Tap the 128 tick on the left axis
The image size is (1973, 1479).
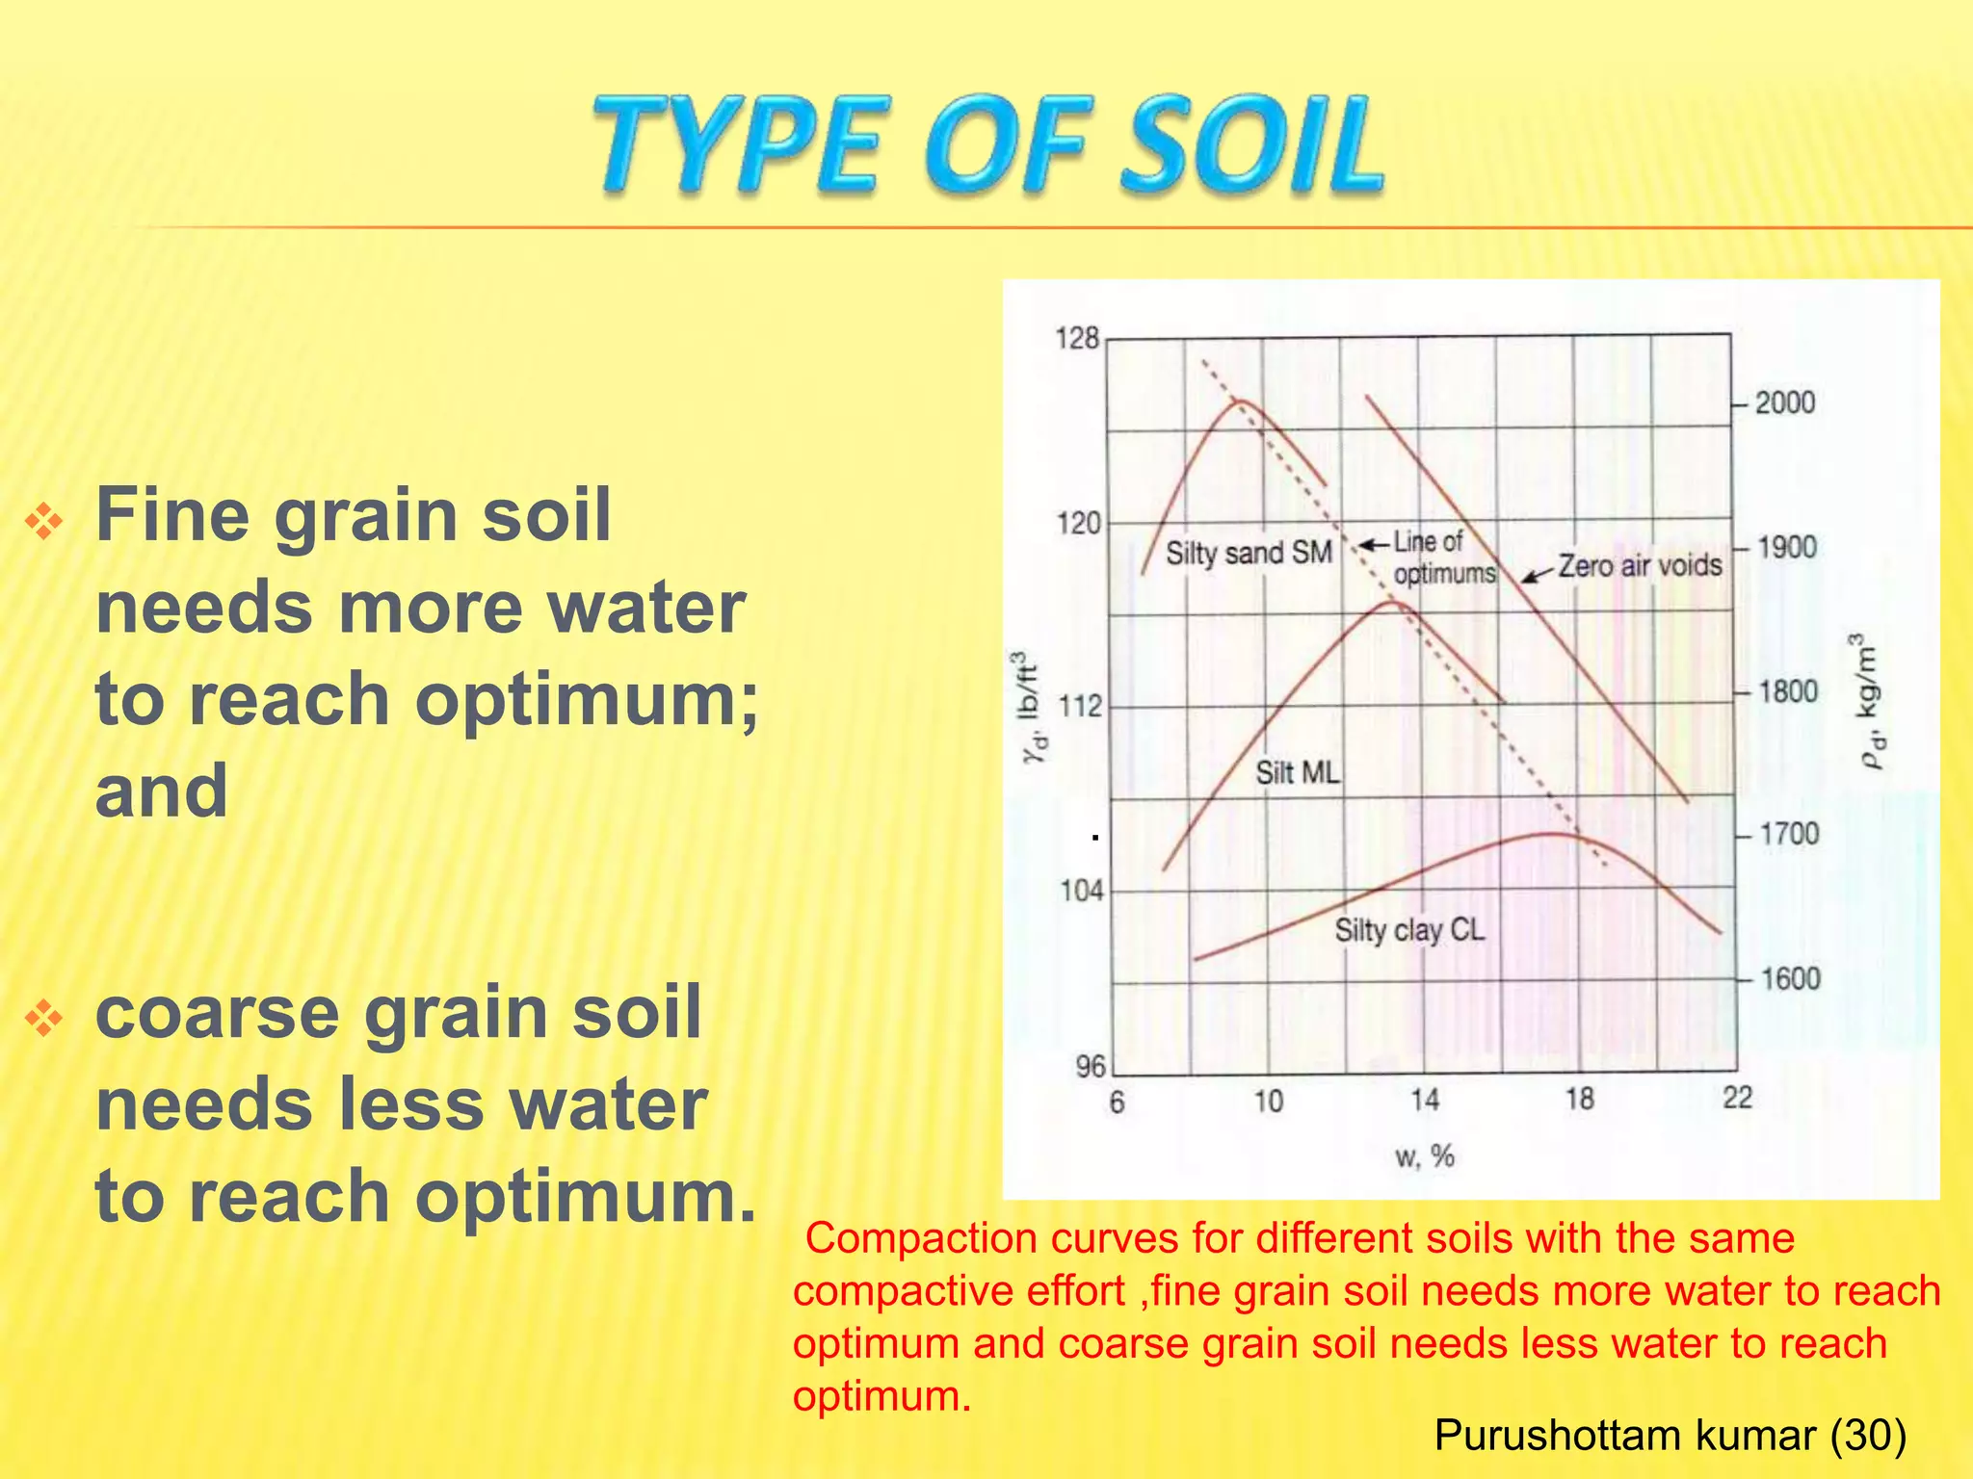pyautogui.click(x=1077, y=338)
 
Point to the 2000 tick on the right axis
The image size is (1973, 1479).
pyautogui.click(x=1784, y=402)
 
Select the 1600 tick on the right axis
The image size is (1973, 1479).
pyautogui.click(x=1791, y=979)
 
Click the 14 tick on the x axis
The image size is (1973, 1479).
pyautogui.click(x=1425, y=1100)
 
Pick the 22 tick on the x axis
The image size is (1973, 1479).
pyautogui.click(x=1737, y=1098)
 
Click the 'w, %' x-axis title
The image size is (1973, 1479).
pyautogui.click(x=1425, y=1155)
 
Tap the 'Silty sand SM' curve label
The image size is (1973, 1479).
pyautogui.click(x=1249, y=553)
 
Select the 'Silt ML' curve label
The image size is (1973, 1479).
pyautogui.click(x=1298, y=772)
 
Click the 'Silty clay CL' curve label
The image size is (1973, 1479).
pyautogui.click(x=1409, y=930)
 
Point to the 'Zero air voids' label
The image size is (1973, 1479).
pyautogui.click(x=1640, y=564)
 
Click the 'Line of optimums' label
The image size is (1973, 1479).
pyautogui.click(x=1444, y=558)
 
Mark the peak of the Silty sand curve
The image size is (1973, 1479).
pyautogui.click(x=1241, y=401)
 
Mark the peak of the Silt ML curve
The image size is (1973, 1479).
pyautogui.click(x=1392, y=603)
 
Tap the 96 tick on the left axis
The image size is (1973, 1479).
pyautogui.click(x=1091, y=1066)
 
